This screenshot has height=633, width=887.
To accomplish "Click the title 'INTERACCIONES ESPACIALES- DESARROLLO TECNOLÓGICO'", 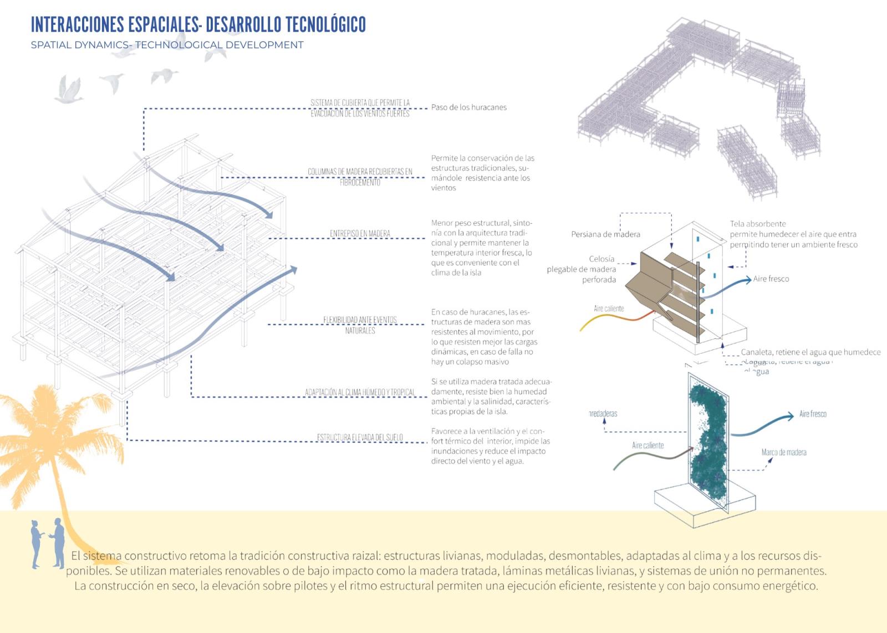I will tap(198, 25).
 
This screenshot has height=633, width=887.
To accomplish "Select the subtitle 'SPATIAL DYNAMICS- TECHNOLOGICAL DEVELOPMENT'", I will tap(167, 45).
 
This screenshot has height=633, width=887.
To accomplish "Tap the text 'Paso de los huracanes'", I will tap(468, 107).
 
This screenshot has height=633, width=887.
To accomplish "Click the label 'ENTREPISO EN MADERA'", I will tap(360, 234).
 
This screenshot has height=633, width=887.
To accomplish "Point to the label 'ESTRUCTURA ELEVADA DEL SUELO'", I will tap(360, 438).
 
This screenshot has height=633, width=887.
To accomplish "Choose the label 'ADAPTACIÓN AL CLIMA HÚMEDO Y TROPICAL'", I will tap(360, 393).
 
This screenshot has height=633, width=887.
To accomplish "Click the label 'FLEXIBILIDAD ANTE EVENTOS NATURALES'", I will tap(360, 325).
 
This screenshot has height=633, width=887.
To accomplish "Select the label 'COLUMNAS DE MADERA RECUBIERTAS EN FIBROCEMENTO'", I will tap(360, 177).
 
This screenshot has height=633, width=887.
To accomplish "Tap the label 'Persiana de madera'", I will tap(605, 234).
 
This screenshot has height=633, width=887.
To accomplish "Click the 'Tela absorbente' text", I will tap(758, 224).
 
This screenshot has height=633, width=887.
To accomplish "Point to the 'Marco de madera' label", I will tap(783, 452).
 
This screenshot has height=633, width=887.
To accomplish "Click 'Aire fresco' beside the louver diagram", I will tap(771, 279).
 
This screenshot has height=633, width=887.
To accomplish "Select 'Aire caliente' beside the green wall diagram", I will tap(648, 445).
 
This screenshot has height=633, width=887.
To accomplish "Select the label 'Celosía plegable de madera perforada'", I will tap(588, 269).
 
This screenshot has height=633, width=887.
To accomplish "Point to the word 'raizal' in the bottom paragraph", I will tap(366, 555).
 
